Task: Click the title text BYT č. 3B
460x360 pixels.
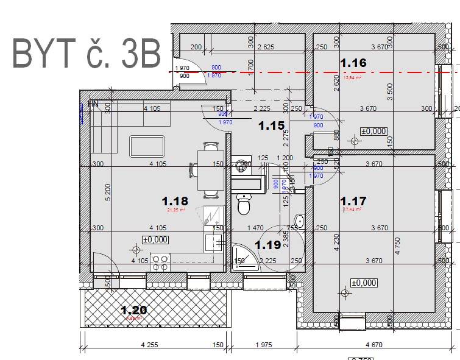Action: tap(87, 53)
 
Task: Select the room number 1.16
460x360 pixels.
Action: tap(353, 63)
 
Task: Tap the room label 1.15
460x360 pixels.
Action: tap(271, 126)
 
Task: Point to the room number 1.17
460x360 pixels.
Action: tap(353, 200)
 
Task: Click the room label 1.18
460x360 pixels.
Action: tap(175, 200)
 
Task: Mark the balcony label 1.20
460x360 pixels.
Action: tap(133, 310)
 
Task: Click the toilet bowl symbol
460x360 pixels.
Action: tap(244, 205)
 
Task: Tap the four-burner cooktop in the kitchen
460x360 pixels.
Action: tap(160, 263)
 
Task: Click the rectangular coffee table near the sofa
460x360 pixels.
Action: tap(147, 147)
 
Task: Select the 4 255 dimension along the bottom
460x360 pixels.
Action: tap(149, 345)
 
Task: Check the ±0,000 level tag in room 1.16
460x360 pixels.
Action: tap(373, 130)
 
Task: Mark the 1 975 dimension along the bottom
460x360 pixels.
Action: tap(263, 345)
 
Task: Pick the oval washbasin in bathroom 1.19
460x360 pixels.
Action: tap(299, 221)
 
